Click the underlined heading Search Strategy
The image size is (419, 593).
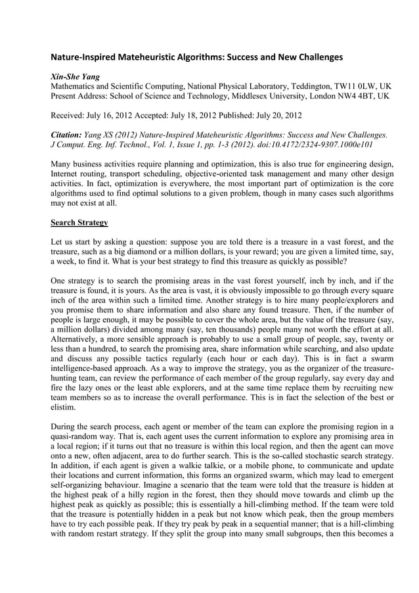(x=79, y=223)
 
